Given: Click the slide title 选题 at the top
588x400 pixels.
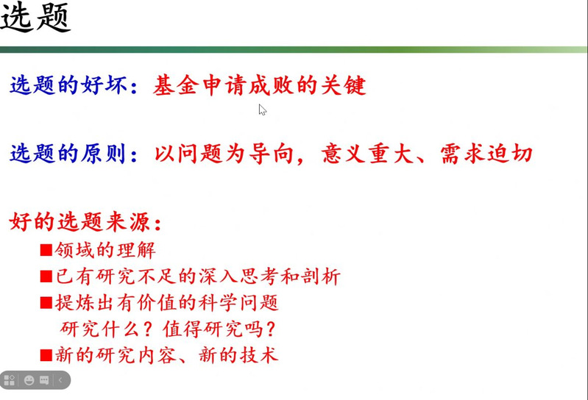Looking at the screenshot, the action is pyautogui.click(x=35, y=17).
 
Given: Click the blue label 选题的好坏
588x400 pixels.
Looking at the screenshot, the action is pyautogui.click(x=69, y=85).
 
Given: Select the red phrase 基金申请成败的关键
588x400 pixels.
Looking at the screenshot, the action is pyautogui.click(x=260, y=85).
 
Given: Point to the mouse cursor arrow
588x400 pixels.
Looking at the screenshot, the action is pyautogui.click(x=263, y=110).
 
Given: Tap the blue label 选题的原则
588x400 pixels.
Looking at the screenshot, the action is pyautogui.click(x=68, y=154).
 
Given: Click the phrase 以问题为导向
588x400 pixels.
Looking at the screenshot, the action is pyautogui.click(x=224, y=154).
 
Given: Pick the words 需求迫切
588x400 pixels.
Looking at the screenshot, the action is pyautogui.click(x=486, y=154).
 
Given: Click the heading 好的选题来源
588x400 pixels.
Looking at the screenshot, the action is pyautogui.click(x=80, y=222).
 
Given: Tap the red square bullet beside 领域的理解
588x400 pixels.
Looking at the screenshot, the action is pyautogui.click(x=46, y=250).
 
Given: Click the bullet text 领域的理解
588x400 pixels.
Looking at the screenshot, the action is pyautogui.click(x=105, y=250).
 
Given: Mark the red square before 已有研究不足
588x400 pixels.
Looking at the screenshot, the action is pyautogui.click(x=46, y=276).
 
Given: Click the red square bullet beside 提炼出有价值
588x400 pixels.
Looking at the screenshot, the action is pyautogui.click(x=46, y=303).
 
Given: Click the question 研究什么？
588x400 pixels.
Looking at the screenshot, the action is pyautogui.click(x=107, y=329).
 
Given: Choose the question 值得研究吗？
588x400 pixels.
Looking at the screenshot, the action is pyautogui.click(x=219, y=329).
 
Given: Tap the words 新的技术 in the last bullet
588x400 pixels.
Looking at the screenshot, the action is pyautogui.click(x=238, y=354).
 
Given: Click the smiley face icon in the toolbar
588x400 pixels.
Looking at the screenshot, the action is pyautogui.click(x=29, y=381).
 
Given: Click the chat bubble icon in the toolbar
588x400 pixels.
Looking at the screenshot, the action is pyautogui.click(x=44, y=381).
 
